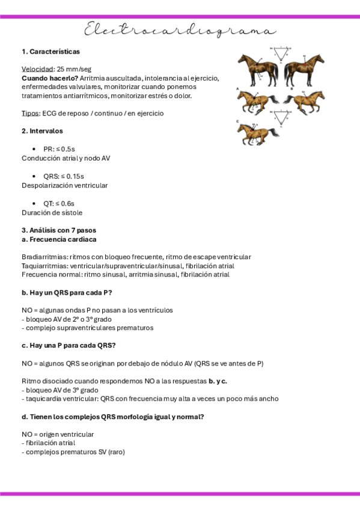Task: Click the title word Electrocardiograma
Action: (180, 30)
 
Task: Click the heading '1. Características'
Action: (50, 52)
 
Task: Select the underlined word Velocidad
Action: (37, 69)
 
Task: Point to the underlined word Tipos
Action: (30, 113)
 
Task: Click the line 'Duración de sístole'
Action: (52, 212)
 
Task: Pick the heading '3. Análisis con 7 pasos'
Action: (58, 230)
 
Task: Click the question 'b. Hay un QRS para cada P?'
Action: (67, 292)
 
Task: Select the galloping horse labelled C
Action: (257, 134)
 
